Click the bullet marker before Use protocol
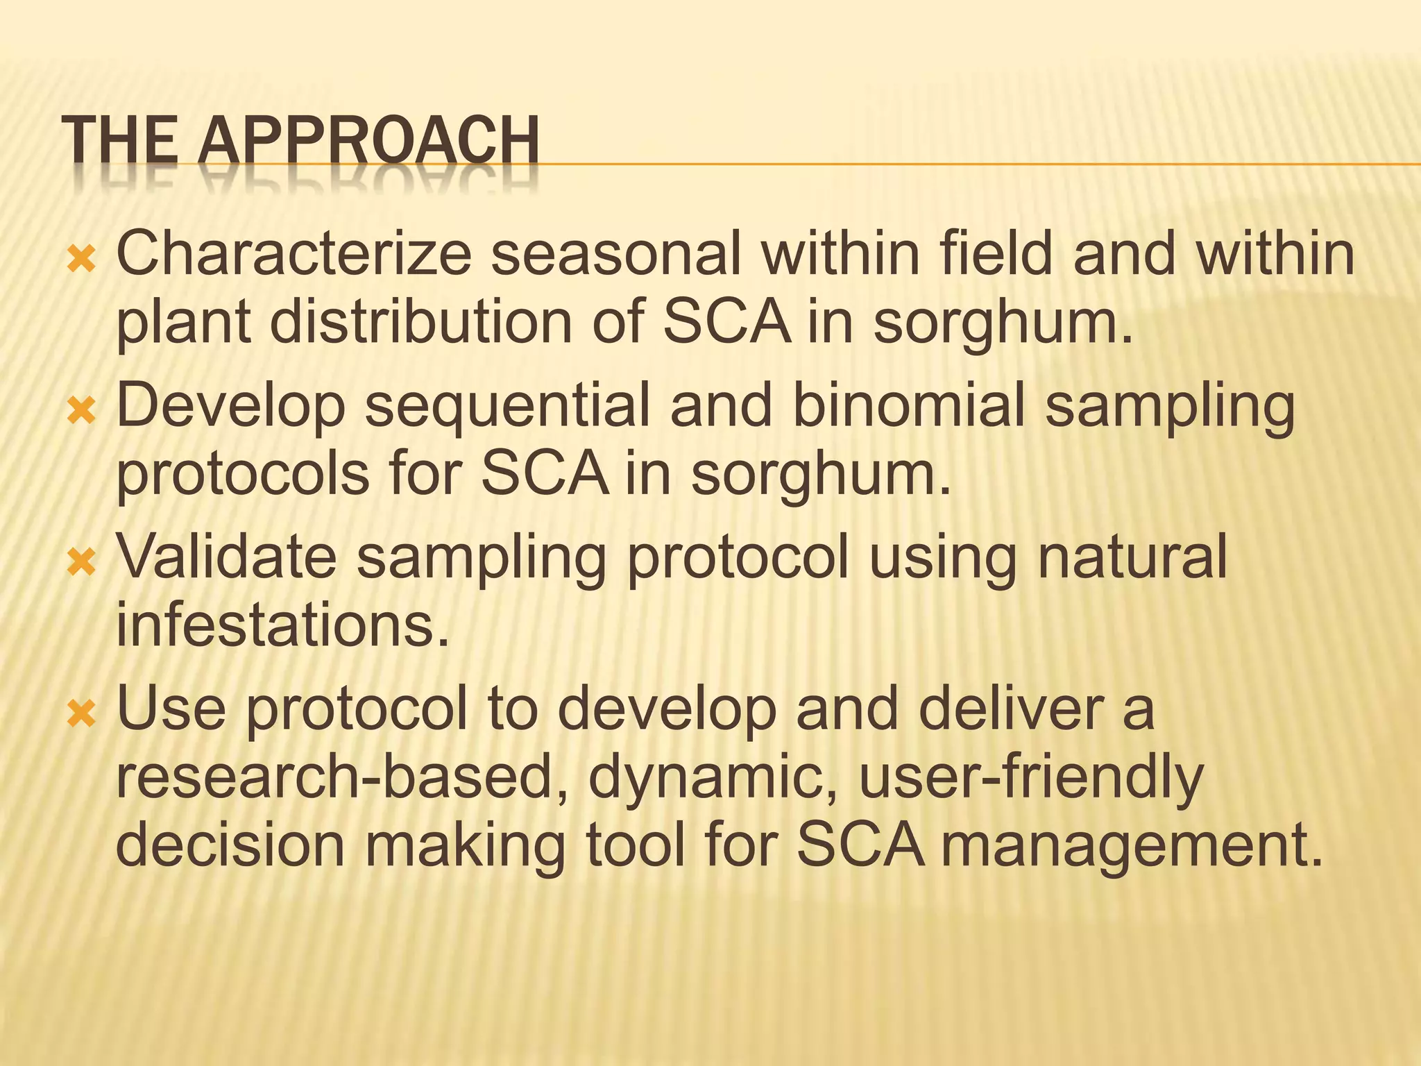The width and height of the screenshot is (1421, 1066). [x=82, y=714]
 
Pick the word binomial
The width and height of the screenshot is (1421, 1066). [x=908, y=405]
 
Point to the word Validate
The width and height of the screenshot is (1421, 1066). [x=226, y=557]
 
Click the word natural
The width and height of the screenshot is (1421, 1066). [x=1132, y=557]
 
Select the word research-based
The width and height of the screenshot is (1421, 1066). [x=340, y=777]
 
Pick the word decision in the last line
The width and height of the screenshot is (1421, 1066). [x=230, y=845]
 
